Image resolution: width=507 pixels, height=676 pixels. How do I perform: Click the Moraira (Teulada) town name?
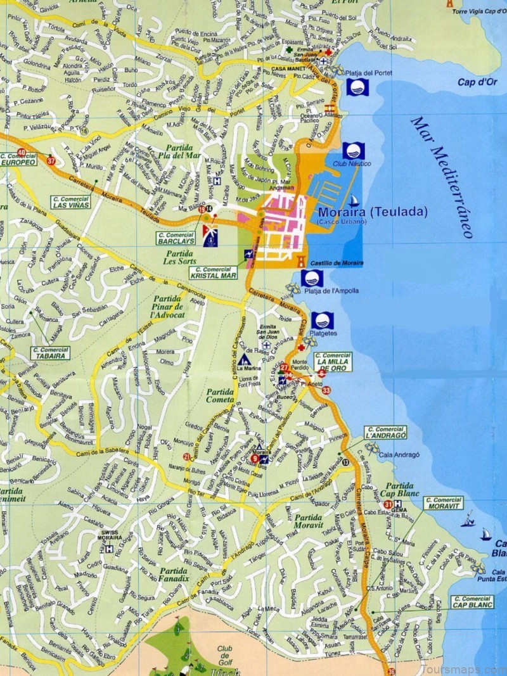(x=373, y=212)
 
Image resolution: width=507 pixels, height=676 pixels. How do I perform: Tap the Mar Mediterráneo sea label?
(x=442, y=177)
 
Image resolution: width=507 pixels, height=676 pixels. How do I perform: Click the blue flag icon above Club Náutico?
(x=353, y=151)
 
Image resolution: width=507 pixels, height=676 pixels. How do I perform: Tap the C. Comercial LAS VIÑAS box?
(x=71, y=202)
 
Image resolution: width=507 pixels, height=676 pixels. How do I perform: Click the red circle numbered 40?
(x=22, y=153)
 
